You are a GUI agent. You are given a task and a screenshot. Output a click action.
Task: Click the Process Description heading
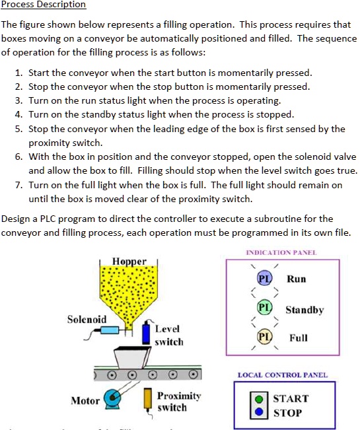[44, 5]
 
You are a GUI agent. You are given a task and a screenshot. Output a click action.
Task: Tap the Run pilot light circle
[263, 278]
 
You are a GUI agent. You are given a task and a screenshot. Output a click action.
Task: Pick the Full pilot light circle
[263, 338]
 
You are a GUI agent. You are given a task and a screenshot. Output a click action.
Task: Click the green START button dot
[261, 398]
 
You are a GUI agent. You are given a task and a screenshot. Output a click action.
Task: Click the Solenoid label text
[87, 320]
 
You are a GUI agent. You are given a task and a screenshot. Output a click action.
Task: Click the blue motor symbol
[120, 398]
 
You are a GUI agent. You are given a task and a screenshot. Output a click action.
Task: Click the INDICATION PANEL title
[281, 252]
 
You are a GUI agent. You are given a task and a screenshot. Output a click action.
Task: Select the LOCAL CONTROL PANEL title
[282, 375]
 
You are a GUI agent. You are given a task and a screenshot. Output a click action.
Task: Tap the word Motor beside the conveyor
[85, 400]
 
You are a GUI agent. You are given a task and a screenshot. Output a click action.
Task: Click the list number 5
[20, 129]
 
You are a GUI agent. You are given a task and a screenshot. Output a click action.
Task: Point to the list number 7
[20, 185]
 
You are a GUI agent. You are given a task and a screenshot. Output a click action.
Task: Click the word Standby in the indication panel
[305, 310]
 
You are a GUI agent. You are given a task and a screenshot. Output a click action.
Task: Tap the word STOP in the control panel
[287, 413]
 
